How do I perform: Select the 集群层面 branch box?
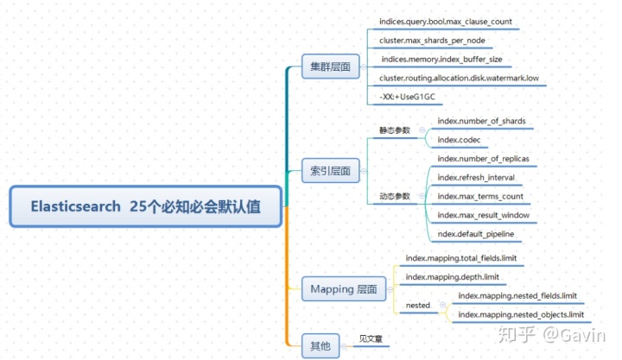[330, 66]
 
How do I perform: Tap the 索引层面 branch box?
[330, 171]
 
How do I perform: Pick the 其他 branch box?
[320, 346]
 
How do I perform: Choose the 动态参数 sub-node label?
[395, 196]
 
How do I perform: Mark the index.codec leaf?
[459, 140]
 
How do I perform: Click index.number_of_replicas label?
[483, 159]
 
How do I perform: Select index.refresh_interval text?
[478, 178]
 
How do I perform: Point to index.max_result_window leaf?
[483, 215]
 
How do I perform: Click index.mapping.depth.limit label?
[452, 276]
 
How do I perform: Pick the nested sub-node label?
[418, 305]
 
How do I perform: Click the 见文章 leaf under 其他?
[371, 338]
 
